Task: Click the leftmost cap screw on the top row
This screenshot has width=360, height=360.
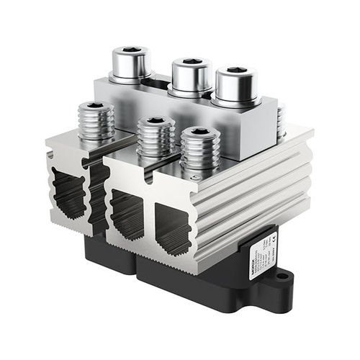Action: [130, 65]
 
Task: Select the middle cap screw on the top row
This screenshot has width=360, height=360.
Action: [191, 76]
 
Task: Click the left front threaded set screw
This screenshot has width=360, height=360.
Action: [95, 121]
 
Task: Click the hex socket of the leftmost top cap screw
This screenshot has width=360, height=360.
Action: [130, 52]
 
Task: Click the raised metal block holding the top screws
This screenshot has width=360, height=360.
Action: [216, 122]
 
